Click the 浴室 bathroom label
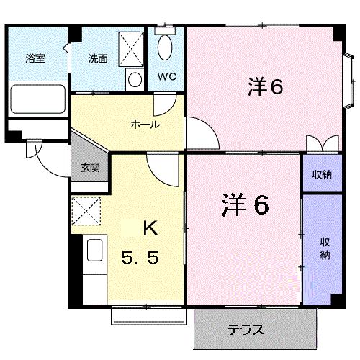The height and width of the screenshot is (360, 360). point(35,59)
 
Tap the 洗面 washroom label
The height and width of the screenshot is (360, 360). point(98,59)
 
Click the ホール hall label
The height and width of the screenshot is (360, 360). point(145,125)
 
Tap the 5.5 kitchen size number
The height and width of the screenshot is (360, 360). point(141,256)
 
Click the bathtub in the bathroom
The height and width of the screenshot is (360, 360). point(37,98)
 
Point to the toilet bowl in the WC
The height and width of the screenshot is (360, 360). point(166,48)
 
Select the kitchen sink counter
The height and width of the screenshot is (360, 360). point(94,252)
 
